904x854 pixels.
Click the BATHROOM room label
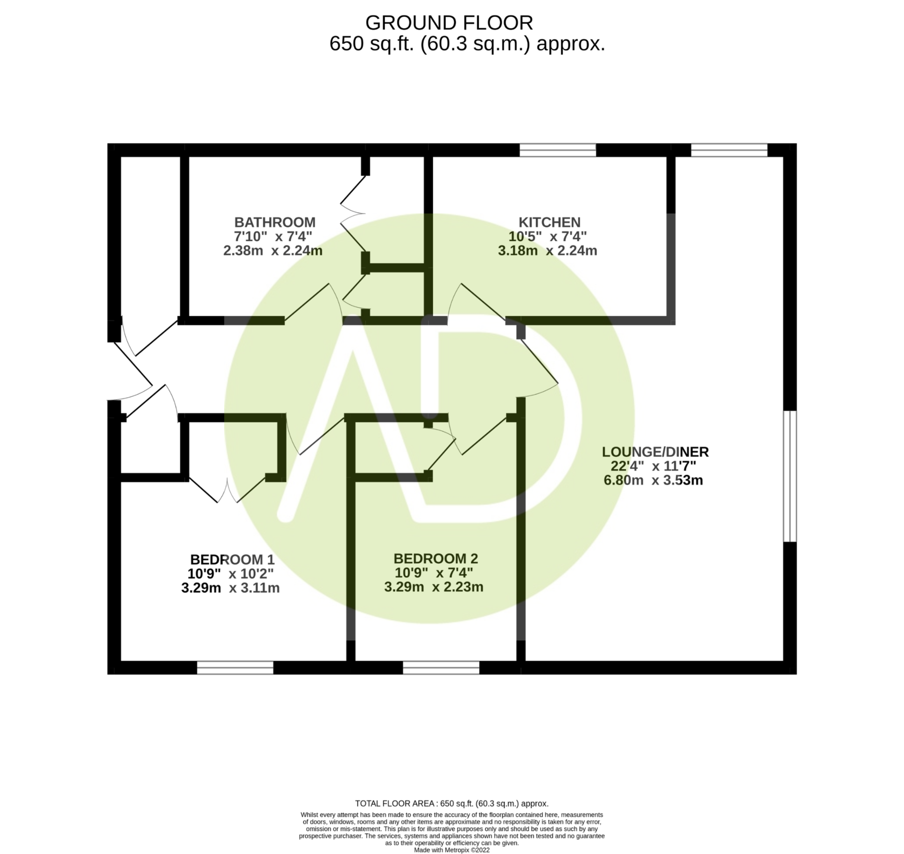(x=275, y=222)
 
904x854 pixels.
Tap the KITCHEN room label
(x=549, y=222)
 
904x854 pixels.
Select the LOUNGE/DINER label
(x=655, y=452)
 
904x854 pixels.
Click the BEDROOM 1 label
(x=232, y=560)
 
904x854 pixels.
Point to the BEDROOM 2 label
(x=435, y=559)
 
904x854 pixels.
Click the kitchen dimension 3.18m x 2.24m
(x=547, y=251)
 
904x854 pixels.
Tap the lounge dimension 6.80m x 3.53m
(x=653, y=480)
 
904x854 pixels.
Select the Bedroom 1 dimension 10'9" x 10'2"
(x=231, y=574)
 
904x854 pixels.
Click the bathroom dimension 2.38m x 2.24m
(x=273, y=251)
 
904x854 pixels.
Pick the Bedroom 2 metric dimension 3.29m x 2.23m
(x=433, y=587)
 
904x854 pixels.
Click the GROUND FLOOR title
(x=449, y=23)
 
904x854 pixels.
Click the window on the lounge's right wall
(x=789, y=476)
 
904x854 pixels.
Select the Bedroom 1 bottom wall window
(x=235, y=668)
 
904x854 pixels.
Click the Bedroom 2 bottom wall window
(x=441, y=668)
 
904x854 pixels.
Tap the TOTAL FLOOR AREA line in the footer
(x=452, y=804)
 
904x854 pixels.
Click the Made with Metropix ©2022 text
(x=452, y=850)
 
